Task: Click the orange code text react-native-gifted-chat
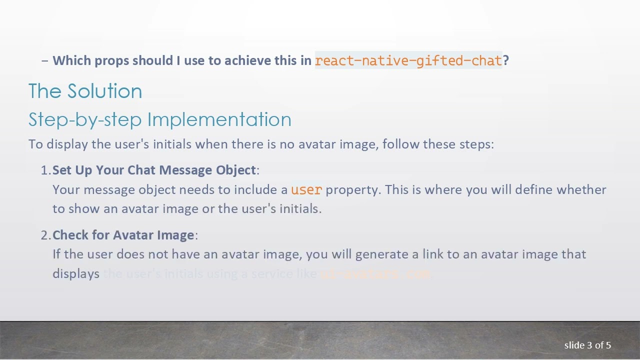(408, 60)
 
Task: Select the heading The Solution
(85, 91)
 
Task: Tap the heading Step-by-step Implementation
(159, 119)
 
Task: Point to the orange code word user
(306, 190)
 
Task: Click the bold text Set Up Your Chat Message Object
(154, 170)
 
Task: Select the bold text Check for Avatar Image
(123, 235)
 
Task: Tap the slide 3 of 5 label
(587, 345)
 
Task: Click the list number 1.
(45, 170)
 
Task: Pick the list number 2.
(45, 235)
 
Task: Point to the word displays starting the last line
(76, 274)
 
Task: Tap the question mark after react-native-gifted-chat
(506, 60)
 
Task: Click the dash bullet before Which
(45, 60)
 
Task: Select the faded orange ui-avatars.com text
(375, 274)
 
